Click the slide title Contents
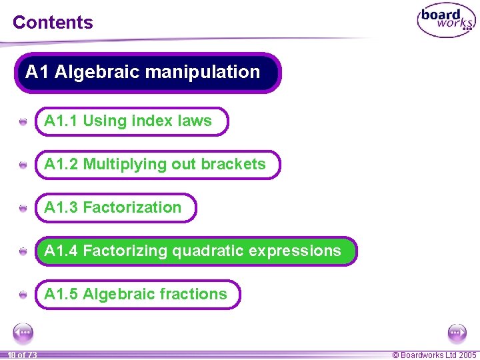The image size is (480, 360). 53,22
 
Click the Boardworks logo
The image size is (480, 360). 446,21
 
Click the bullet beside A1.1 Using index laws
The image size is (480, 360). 23,122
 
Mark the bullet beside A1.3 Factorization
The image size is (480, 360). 23,209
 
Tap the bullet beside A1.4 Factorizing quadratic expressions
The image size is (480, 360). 23,252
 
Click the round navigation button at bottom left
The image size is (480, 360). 23,333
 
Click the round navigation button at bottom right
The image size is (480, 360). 457,333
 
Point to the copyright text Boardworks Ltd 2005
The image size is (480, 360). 434,355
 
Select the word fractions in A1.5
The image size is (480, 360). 196,295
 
